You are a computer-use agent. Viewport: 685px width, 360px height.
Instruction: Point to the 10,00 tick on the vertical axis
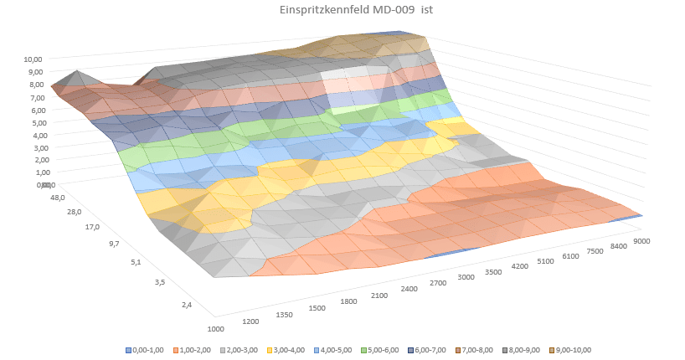point(33,59)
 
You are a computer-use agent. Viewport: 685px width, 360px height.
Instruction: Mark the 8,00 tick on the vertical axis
point(35,85)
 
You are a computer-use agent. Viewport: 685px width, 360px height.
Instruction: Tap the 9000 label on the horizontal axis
point(644,240)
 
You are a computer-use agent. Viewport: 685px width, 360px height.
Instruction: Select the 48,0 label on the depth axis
point(57,198)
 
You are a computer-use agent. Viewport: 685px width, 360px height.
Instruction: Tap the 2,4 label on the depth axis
point(186,305)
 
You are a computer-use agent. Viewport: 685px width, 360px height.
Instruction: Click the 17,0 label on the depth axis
point(91,227)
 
